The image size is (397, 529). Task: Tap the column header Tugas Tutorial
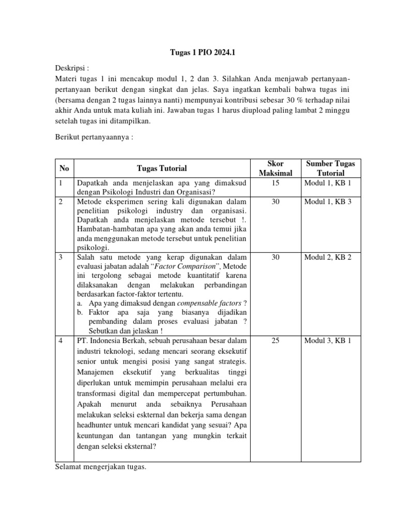pyautogui.click(x=162, y=168)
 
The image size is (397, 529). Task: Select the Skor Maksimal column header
pyautogui.click(x=276, y=168)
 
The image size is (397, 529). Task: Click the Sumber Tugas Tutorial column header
pyautogui.click(x=330, y=168)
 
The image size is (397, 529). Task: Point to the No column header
pyautogui.click(x=64, y=168)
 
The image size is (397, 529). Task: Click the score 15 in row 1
pyautogui.click(x=276, y=183)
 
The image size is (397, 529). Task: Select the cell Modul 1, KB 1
pyautogui.click(x=328, y=183)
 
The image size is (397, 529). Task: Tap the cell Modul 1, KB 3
pyautogui.click(x=328, y=201)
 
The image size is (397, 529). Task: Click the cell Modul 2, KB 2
pyautogui.click(x=328, y=257)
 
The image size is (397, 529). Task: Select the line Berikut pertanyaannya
pyautogui.click(x=94, y=137)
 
